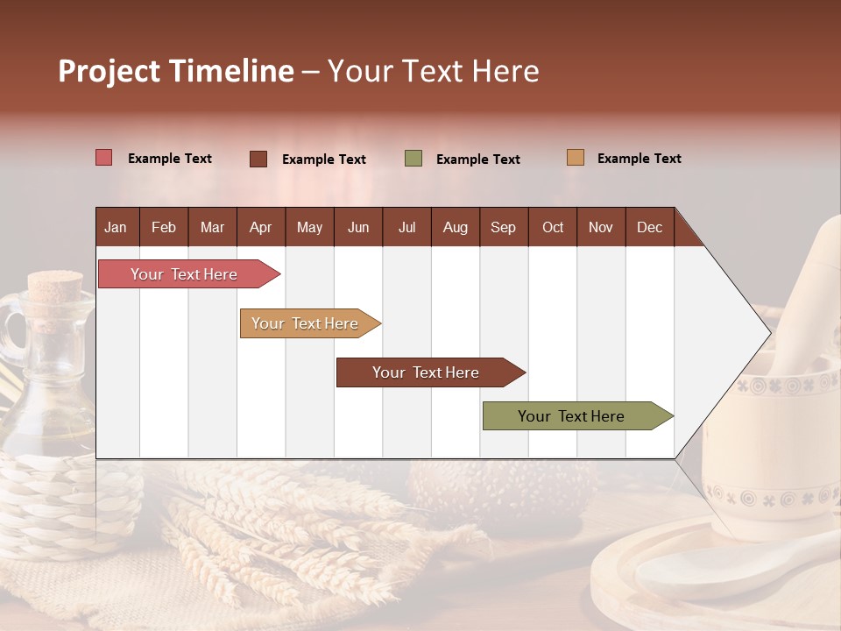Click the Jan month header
[116, 228]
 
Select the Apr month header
[261, 228]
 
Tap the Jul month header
[406, 228]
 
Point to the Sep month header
[503, 228]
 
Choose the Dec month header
[649, 228]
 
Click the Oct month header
[553, 228]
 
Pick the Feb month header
[164, 228]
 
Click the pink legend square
[104, 158]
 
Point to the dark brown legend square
[258, 159]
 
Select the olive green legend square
[413, 159]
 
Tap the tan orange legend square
[575, 158]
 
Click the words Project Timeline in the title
[176, 71]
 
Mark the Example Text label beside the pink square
[170, 159]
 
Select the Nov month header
[601, 228]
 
